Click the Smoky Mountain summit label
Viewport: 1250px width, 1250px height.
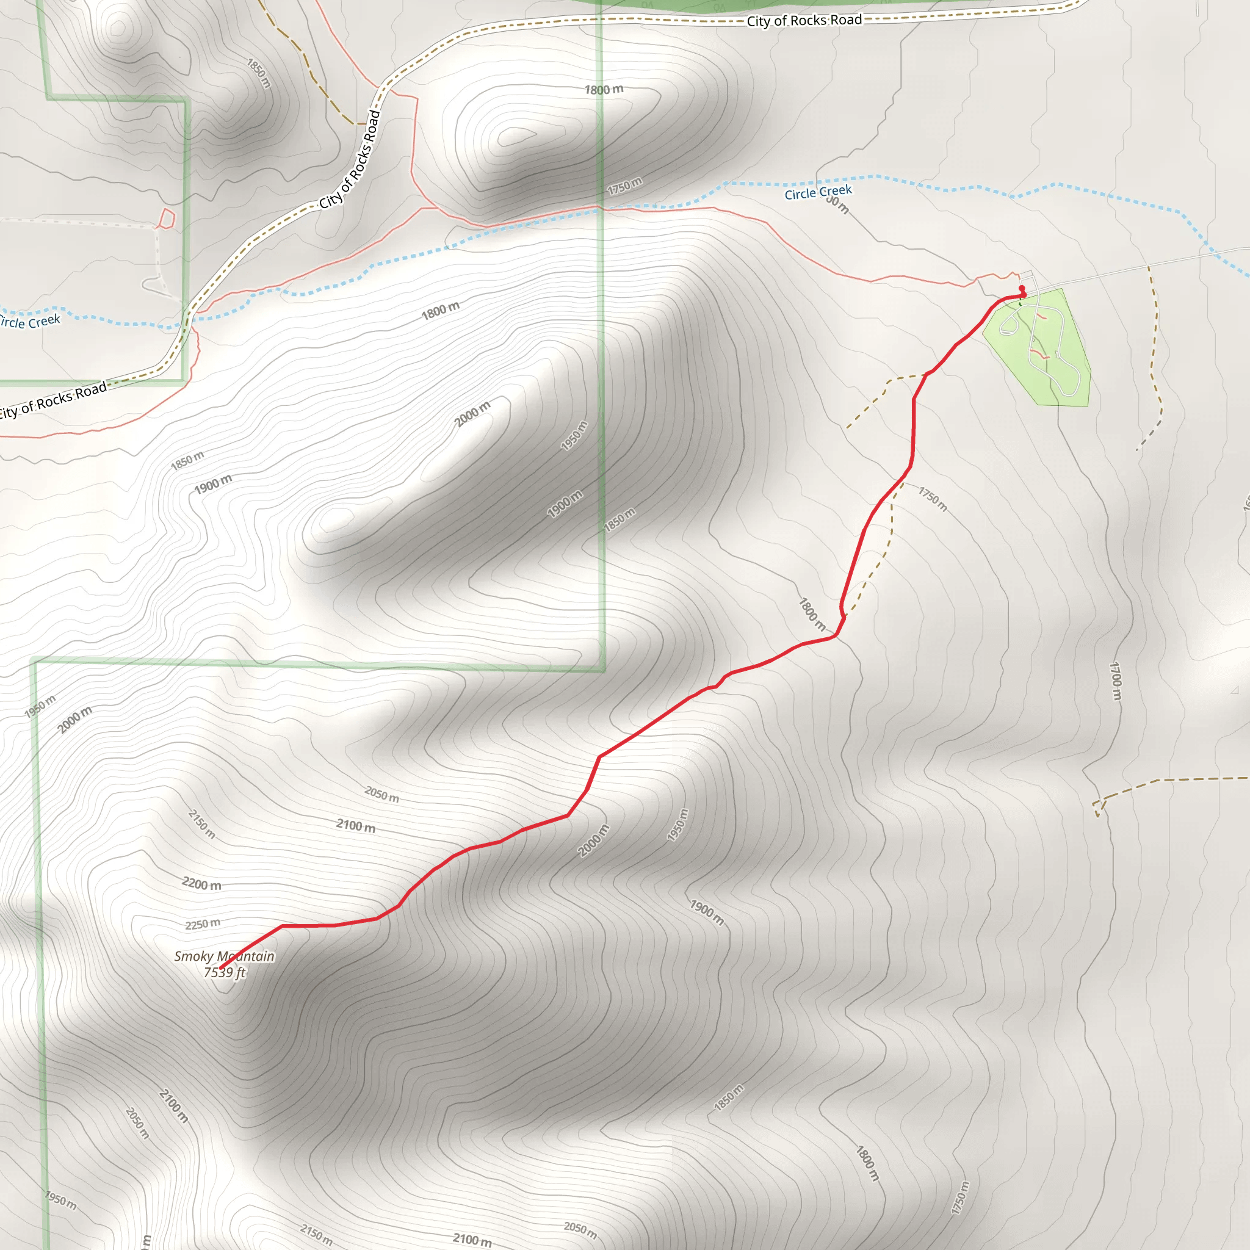click(224, 956)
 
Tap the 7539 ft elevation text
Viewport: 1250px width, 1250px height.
click(225, 972)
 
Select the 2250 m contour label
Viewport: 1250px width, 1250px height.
click(203, 924)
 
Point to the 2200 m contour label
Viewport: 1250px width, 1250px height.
click(201, 884)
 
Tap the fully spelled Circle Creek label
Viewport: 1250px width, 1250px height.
click(818, 192)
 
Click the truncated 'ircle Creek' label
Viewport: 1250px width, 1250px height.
click(30, 322)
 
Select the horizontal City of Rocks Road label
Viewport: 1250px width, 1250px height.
click(804, 21)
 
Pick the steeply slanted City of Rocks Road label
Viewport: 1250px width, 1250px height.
click(349, 160)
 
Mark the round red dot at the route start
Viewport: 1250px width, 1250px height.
click(1022, 289)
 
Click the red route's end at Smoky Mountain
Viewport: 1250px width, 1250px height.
click(222, 969)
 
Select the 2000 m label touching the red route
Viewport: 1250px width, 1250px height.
click(593, 840)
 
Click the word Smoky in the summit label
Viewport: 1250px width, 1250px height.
click(193, 956)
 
